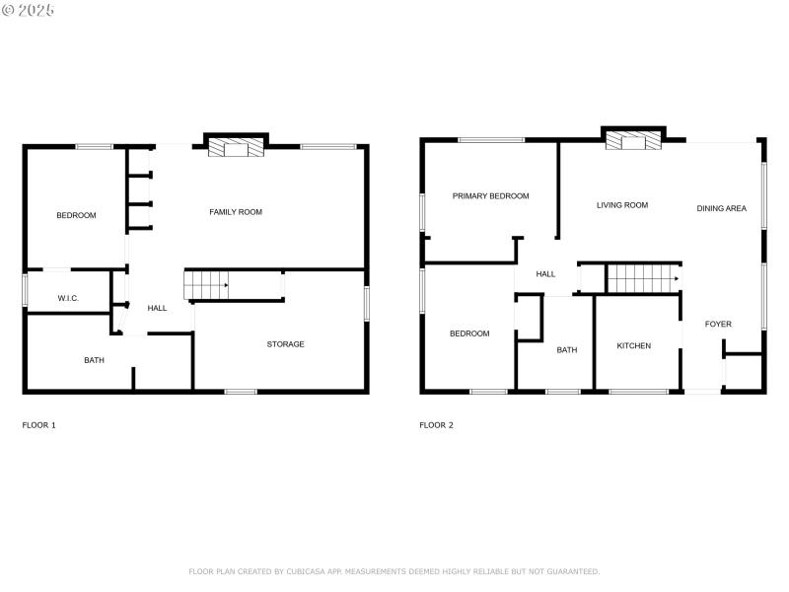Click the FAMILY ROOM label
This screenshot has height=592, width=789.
236,212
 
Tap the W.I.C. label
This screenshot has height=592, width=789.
68,298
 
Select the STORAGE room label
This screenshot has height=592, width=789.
285,344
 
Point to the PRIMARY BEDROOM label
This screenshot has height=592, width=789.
490,196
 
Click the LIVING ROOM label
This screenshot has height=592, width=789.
622,205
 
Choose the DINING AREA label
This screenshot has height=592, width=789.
721,208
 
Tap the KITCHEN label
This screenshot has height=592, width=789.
633,346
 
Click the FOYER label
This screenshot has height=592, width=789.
718,324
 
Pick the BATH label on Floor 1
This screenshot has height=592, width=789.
94,360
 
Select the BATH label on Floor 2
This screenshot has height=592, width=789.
566,349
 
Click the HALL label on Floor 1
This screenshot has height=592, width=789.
157,308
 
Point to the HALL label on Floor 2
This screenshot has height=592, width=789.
545,274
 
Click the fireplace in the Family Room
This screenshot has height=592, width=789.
236,148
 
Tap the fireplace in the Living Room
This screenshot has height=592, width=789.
632,142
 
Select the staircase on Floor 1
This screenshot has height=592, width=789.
206,284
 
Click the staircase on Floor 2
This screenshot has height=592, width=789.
642,278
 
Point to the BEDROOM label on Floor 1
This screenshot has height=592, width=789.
76,215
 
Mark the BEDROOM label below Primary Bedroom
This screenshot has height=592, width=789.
469,333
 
